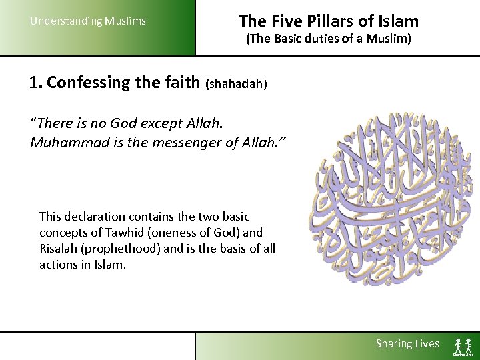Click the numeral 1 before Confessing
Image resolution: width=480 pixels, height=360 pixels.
pos(35,83)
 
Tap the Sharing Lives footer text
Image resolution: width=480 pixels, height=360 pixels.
pos(407,344)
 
